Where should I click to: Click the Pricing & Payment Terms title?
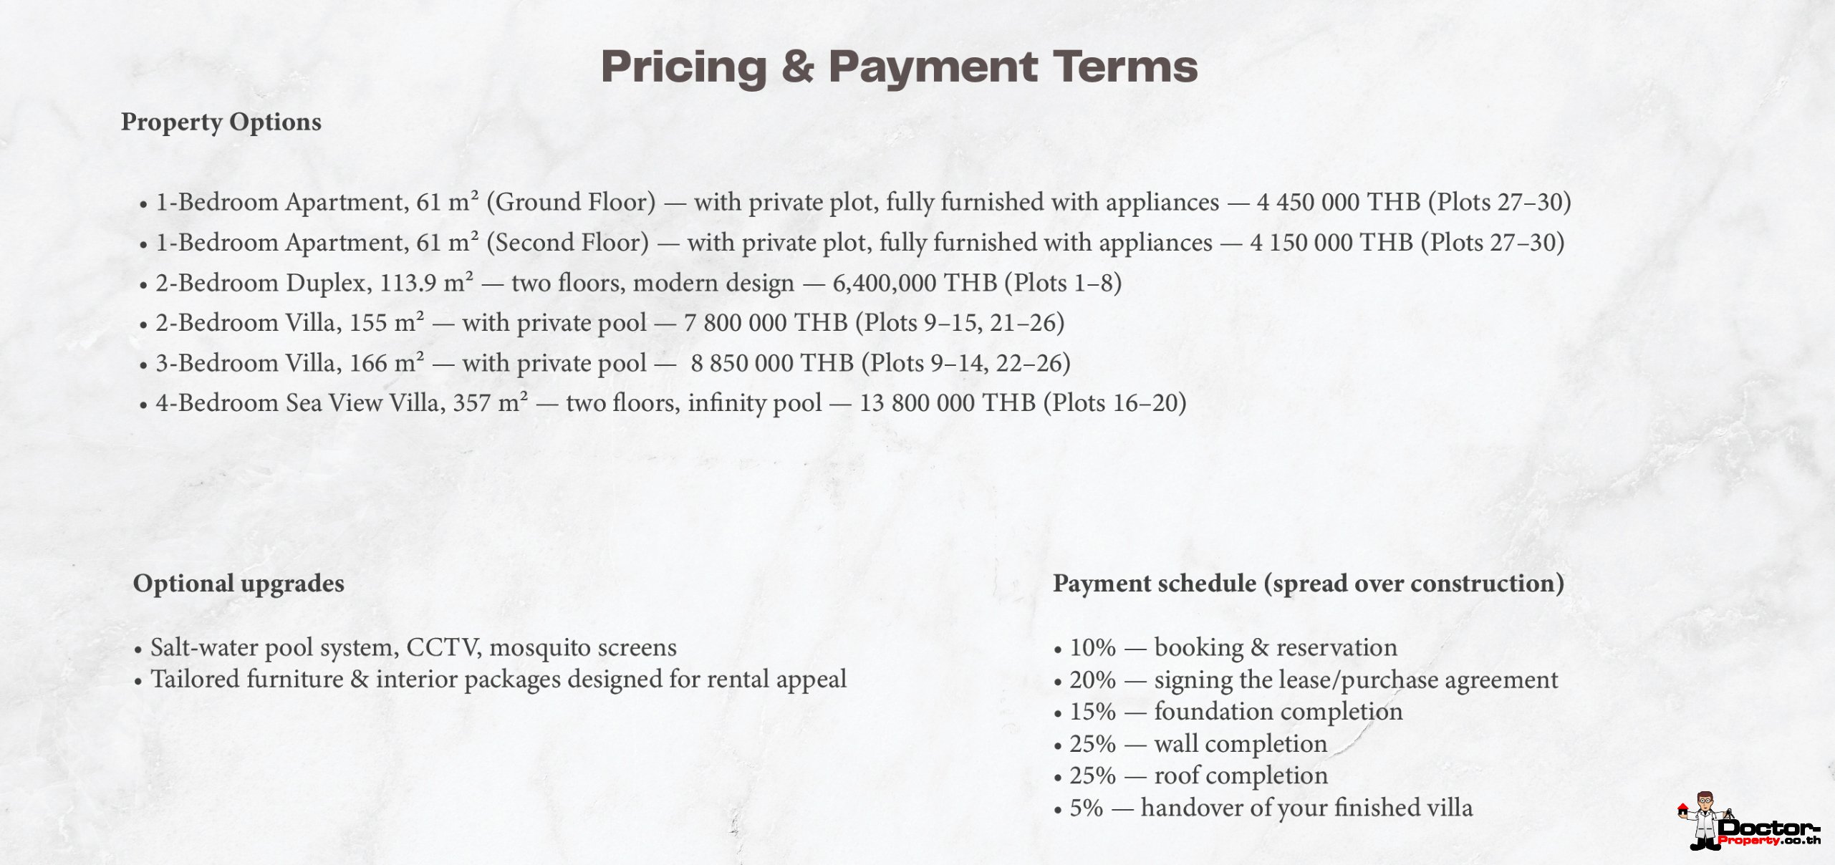tap(899, 67)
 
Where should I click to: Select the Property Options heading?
tap(221, 122)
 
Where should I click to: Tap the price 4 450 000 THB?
tap(1338, 202)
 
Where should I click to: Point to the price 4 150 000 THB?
tap(1331, 243)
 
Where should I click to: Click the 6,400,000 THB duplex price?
tap(914, 283)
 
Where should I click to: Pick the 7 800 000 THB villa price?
tap(765, 323)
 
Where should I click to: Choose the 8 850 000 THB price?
tap(771, 363)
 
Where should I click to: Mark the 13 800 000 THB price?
tap(947, 403)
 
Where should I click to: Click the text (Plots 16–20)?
tap(1114, 403)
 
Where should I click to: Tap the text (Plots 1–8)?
tap(1062, 283)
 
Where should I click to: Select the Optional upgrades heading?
tap(239, 583)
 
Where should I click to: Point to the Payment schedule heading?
tap(1308, 583)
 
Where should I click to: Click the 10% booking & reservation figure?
tap(1092, 647)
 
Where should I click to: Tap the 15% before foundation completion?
tap(1092, 712)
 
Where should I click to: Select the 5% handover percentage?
tap(1086, 808)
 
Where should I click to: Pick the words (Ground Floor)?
tap(571, 202)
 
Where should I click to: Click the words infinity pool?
tap(754, 403)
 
